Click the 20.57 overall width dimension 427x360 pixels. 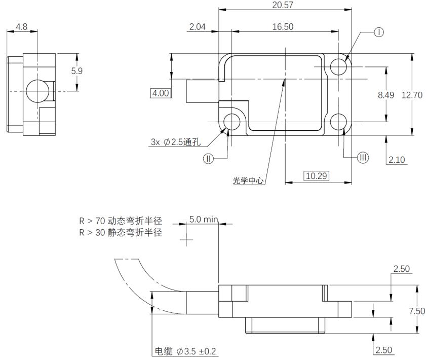point(283,5)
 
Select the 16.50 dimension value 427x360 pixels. point(283,27)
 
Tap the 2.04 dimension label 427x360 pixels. point(198,27)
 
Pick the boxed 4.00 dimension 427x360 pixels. point(161,93)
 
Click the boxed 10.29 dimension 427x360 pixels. point(316,176)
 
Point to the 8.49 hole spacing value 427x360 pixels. point(386,95)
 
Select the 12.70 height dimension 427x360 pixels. point(412,95)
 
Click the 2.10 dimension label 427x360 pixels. point(397,160)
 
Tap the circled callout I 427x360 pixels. point(379,32)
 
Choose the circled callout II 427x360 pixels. point(209,159)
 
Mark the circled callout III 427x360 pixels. point(363,158)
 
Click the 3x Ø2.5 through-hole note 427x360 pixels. point(176,142)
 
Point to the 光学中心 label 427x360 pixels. point(248,181)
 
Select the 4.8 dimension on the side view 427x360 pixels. point(21,27)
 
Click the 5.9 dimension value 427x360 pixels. point(77,71)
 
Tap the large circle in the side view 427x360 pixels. point(37,91)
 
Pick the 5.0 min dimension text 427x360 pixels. point(204,219)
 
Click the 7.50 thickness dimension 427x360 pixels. point(417,311)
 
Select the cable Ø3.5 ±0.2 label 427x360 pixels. point(185,351)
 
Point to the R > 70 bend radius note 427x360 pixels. point(121,221)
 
